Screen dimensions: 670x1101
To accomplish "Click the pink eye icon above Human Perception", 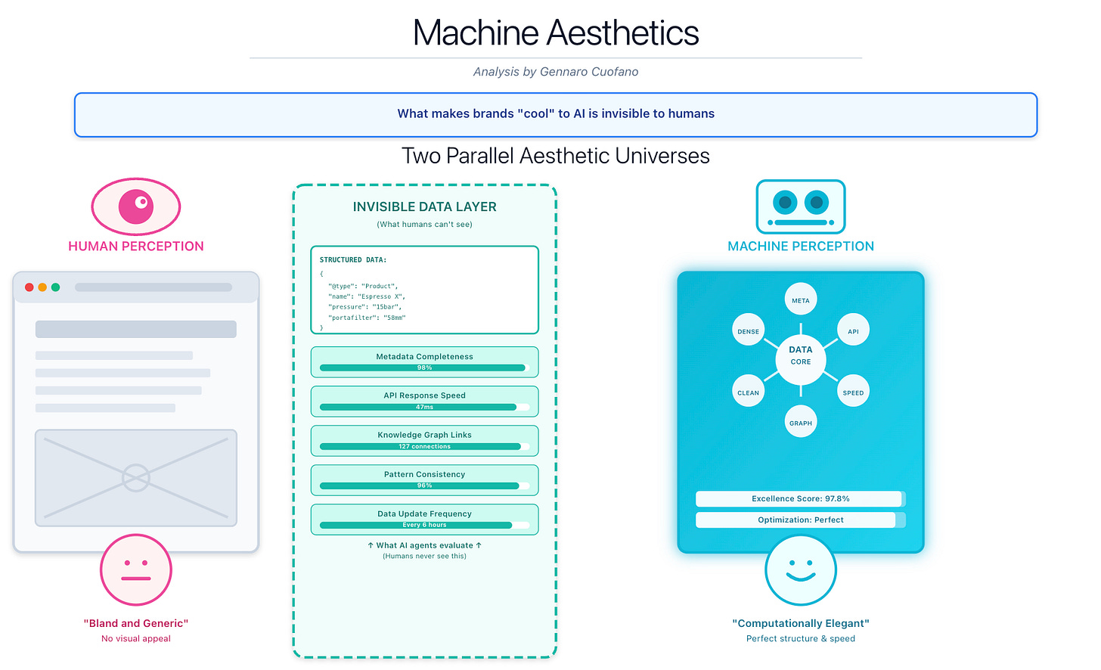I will pyautogui.click(x=136, y=206).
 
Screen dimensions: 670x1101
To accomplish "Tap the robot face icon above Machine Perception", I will pyautogui.click(x=801, y=206).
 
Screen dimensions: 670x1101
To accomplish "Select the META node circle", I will pyautogui.click(x=801, y=300).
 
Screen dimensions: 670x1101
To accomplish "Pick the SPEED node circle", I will pyautogui.click(x=853, y=392).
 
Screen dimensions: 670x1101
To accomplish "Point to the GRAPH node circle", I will pyautogui.click(x=801, y=423).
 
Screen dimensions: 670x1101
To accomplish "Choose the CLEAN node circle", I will pyautogui.click(x=748, y=392).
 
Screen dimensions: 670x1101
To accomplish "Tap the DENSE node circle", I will pyautogui.click(x=748, y=331).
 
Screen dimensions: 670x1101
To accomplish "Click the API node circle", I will pyautogui.click(x=853, y=331).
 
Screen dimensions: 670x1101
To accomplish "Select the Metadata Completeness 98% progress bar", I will pyautogui.click(x=423, y=368).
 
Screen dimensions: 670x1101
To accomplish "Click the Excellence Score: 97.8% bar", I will pyautogui.click(x=800, y=499).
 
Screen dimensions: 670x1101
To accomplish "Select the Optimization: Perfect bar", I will pyautogui.click(x=800, y=520).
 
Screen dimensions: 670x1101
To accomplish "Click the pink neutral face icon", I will pyautogui.click(x=136, y=570).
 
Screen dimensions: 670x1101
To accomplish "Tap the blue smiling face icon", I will pyautogui.click(x=801, y=570).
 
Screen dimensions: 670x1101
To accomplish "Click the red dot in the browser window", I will pyautogui.click(x=29, y=287).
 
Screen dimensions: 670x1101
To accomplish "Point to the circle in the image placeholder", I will pyautogui.click(x=136, y=478).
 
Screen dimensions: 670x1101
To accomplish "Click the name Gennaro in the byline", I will pyautogui.click(x=565, y=72).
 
